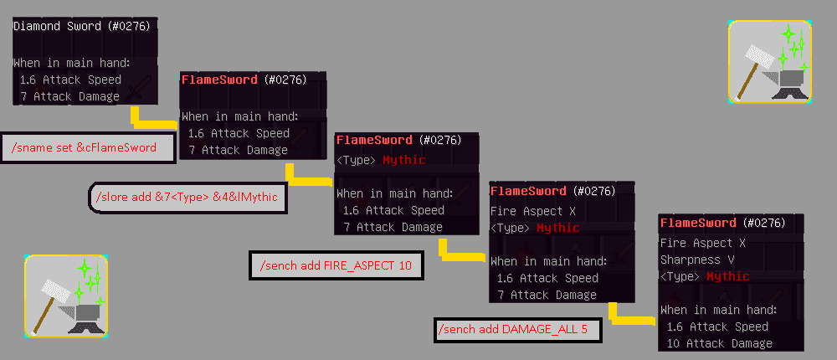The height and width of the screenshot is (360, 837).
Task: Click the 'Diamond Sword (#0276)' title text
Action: (x=81, y=26)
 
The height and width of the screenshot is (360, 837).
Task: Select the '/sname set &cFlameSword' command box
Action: (x=88, y=148)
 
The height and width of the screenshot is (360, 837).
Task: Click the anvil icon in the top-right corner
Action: (x=769, y=61)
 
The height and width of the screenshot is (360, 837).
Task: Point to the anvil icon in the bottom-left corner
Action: (x=66, y=296)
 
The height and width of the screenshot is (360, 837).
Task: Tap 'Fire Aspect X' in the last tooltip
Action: (x=702, y=243)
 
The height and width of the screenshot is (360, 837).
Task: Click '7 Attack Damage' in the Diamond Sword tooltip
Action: (x=69, y=96)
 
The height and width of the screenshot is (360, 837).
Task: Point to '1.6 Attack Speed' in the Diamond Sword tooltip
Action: (x=70, y=80)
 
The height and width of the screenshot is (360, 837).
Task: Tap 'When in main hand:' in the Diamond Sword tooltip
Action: (x=71, y=62)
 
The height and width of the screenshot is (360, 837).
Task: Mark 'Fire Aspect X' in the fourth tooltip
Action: (x=532, y=211)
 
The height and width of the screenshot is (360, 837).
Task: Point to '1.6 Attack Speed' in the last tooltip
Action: (x=716, y=327)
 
